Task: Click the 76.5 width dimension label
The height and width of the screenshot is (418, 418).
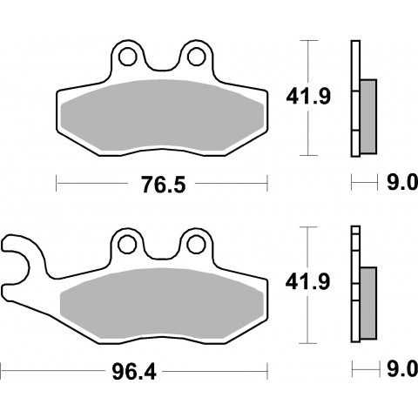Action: tap(164, 185)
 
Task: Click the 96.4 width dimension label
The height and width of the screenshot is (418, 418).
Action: tap(134, 372)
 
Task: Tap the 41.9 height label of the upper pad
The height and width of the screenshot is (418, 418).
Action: tap(308, 97)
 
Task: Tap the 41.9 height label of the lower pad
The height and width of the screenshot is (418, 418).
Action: tap(307, 282)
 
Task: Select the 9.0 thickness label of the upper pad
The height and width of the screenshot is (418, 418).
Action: tap(402, 182)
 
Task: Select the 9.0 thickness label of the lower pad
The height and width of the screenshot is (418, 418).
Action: tap(402, 369)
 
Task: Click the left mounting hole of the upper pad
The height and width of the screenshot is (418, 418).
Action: tap(128, 57)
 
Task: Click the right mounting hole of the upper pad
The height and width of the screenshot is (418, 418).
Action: tap(197, 57)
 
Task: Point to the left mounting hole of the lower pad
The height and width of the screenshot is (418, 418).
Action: tap(127, 245)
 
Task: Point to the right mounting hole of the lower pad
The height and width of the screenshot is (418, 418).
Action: tap(196, 245)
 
